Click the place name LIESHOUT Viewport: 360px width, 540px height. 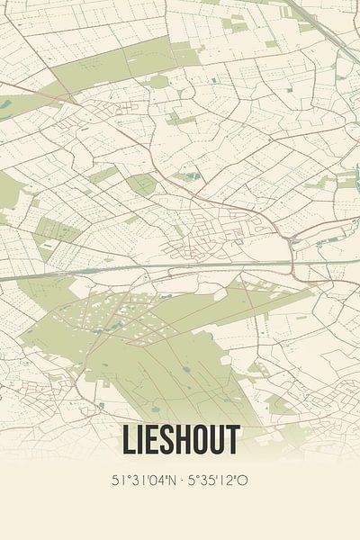pos(179,440)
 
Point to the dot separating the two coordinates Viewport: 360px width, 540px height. pos(180,481)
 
